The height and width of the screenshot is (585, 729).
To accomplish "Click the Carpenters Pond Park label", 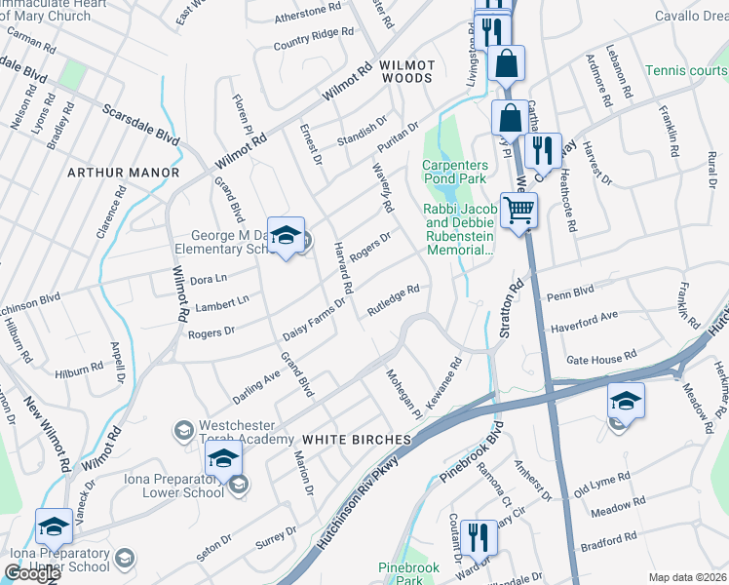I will [455, 172].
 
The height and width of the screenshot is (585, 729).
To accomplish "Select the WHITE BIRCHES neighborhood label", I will [357, 440].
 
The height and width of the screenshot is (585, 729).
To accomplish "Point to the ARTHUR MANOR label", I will [123, 173].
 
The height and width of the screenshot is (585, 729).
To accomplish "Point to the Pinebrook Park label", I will [409, 573].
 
